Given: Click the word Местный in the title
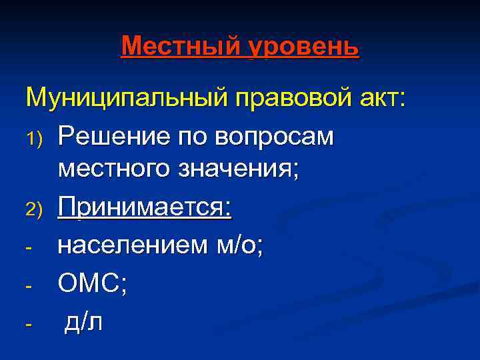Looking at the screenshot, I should click(181, 47).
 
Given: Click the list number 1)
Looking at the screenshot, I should click(34, 138).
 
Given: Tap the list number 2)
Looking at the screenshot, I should click(34, 211).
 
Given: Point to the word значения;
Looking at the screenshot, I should click(237, 173).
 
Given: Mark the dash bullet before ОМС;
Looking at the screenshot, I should click(28, 287).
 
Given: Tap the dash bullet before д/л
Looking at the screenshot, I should click(28, 323).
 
